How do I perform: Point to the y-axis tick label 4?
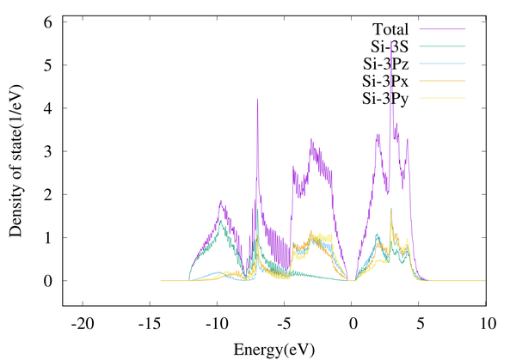point(50,108)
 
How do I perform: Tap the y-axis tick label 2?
point(50,195)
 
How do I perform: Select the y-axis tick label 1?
point(50,238)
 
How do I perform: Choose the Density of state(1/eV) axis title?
point(15,163)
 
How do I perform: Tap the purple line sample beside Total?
point(445,28)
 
